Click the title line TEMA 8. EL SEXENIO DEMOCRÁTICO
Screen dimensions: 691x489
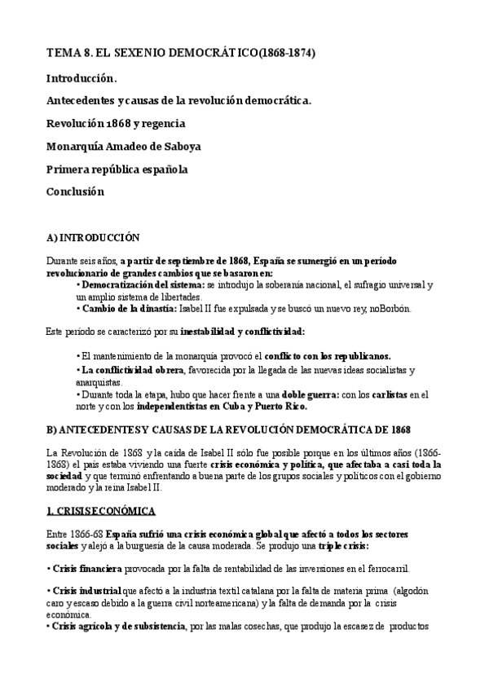[x=180, y=53]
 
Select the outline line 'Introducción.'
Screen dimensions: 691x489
[x=81, y=78]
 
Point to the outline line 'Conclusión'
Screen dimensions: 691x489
[x=76, y=192]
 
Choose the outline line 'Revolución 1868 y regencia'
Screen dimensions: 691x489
[x=116, y=124]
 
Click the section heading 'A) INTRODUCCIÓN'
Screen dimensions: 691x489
[x=93, y=238]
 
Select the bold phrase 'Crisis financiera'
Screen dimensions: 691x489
[x=87, y=569]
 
